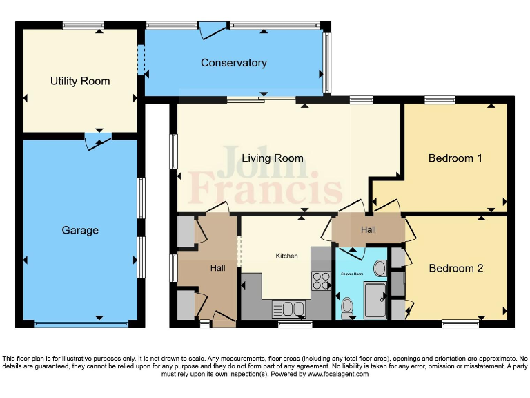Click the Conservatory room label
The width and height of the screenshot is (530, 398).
[x=233, y=63]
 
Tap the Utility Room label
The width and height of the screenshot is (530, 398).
[x=80, y=81]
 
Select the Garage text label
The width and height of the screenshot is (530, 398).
[x=80, y=230]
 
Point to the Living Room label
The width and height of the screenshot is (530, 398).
[x=272, y=158]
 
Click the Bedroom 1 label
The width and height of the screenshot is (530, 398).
[x=455, y=158]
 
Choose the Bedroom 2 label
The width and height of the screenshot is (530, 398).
[x=455, y=268]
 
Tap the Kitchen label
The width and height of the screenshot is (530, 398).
[x=286, y=256]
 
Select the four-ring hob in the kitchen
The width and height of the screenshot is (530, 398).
[x=322, y=280]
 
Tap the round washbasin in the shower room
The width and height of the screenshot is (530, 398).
[x=380, y=267]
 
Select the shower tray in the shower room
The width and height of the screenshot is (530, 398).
[x=376, y=300]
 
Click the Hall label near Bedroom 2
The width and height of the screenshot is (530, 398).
[x=368, y=229]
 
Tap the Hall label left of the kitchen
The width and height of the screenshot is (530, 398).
[x=218, y=267]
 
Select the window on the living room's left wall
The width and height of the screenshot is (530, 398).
[x=173, y=149]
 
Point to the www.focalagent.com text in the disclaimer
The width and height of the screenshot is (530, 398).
[x=337, y=374]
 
